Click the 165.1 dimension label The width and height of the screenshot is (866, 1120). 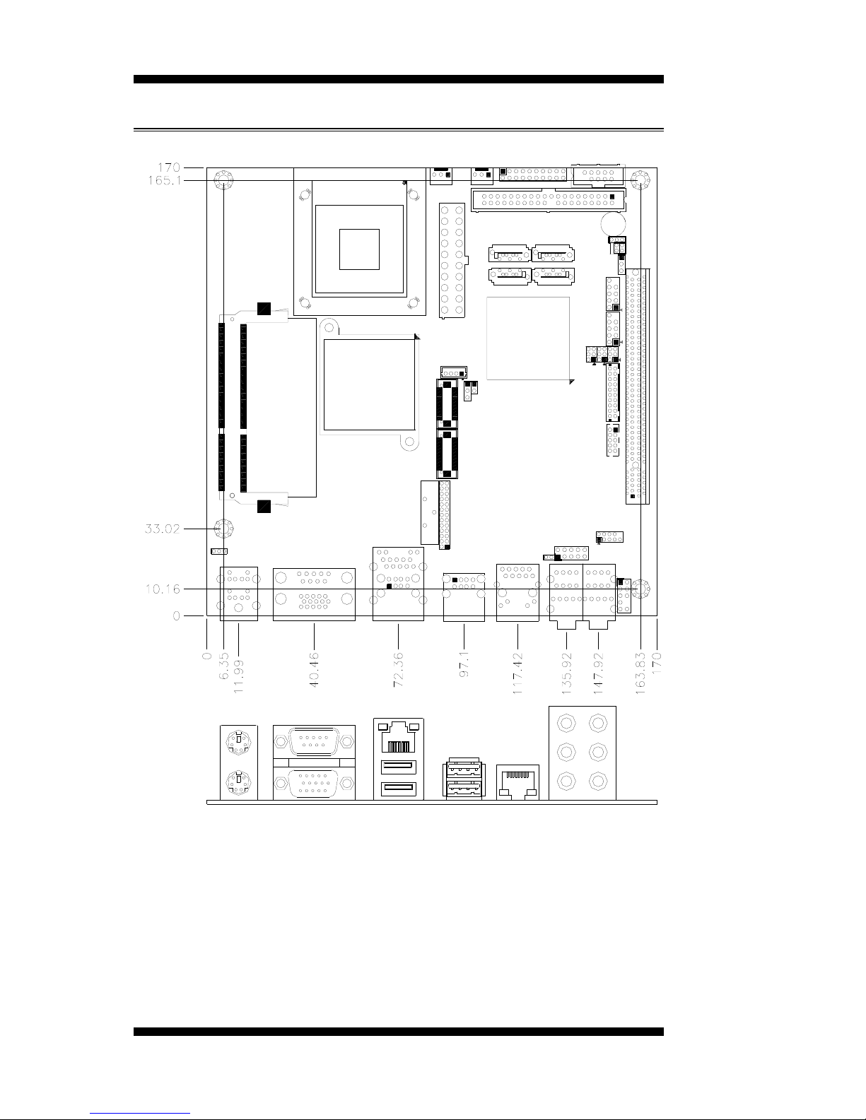(x=165, y=180)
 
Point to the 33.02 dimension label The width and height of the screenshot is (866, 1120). (x=163, y=529)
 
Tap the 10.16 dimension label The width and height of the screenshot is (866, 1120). (x=163, y=589)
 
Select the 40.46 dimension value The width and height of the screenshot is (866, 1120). (x=314, y=669)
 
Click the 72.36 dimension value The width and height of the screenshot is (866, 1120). (x=398, y=669)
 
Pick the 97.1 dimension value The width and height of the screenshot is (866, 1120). (x=464, y=664)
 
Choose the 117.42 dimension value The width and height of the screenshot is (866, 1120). (x=517, y=673)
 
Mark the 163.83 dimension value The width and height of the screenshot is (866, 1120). (x=640, y=673)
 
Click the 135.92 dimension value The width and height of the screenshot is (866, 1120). (x=566, y=673)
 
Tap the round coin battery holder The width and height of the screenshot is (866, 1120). (x=613, y=224)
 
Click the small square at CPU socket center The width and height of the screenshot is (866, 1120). (x=359, y=249)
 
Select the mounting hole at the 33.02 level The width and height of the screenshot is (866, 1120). (x=223, y=529)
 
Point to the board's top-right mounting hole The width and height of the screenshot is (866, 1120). (x=640, y=180)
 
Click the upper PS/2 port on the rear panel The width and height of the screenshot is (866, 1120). (x=238, y=742)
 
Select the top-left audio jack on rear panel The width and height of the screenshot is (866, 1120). (x=566, y=723)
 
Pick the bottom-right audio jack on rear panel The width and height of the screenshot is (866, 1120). (x=598, y=782)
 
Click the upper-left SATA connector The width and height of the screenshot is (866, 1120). (x=509, y=254)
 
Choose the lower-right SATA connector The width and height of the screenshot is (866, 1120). (x=553, y=276)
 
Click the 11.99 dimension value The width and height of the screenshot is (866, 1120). (x=238, y=676)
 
